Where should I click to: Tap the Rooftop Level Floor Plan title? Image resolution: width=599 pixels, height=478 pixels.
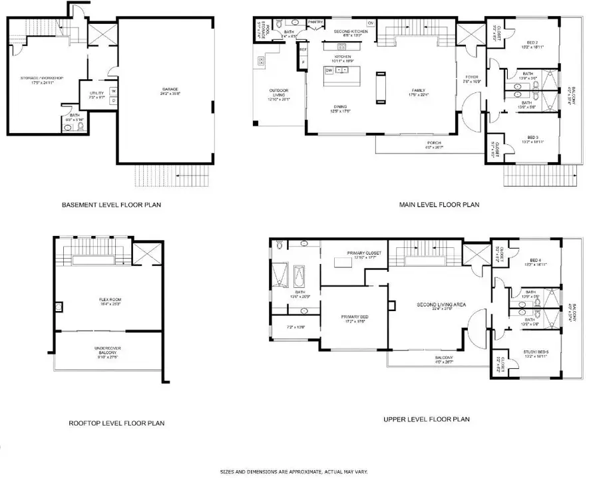click(116, 423)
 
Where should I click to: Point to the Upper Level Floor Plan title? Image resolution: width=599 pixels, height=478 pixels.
click(427, 419)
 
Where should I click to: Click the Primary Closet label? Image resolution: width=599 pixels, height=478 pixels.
click(363, 253)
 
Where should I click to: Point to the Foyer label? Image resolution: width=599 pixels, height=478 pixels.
click(472, 78)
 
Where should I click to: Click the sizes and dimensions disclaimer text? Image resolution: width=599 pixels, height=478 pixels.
click(294, 471)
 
